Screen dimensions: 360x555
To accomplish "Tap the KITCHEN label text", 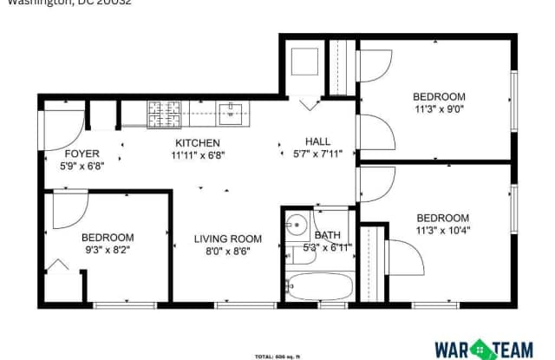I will click(198, 143).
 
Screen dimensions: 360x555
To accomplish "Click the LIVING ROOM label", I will click(227, 239).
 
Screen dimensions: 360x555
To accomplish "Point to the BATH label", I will click(328, 235).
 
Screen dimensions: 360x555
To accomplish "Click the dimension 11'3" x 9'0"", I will click(439, 110).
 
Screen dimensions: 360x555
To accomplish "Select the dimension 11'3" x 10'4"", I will click(442, 232).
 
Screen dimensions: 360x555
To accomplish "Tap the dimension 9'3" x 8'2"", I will click(108, 252).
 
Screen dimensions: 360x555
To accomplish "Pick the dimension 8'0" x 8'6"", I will click(227, 253).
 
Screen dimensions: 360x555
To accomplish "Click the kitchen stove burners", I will click(161, 113).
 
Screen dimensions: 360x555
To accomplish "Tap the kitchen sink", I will click(232, 110).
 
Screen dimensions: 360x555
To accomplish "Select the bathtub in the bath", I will click(316, 285).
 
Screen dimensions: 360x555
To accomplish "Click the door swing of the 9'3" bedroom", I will click(69, 209).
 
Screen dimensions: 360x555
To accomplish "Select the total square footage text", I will click(277, 357).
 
